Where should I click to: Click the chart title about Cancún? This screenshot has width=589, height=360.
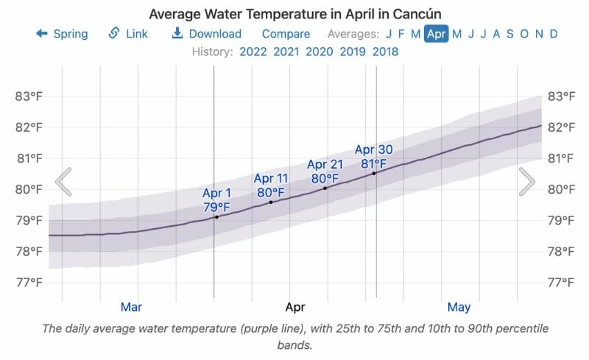point(294,14)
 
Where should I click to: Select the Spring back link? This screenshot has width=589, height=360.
point(62,34)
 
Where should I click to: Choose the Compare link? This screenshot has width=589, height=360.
point(286,34)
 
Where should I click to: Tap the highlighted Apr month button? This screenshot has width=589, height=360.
point(436,34)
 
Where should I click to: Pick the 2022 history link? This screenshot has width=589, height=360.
point(253,52)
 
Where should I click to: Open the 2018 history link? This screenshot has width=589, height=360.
point(385,52)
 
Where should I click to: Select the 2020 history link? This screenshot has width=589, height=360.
point(319,52)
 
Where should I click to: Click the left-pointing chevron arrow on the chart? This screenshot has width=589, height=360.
point(64,182)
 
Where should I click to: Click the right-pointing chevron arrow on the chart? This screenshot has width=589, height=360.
point(526,182)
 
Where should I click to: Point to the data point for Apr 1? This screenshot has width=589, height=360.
point(216,217)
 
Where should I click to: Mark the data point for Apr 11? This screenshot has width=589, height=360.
point(271,202)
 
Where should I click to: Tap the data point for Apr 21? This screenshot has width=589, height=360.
point(325,188)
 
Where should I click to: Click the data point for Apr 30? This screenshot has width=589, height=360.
point(374,173)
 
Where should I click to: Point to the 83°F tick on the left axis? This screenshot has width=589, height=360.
point(29,96)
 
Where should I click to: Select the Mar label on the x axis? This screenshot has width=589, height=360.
point(131,306)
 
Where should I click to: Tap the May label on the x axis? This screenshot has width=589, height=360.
point(459,306)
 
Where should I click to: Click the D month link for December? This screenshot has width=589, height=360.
point(553,34)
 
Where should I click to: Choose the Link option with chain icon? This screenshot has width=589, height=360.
point(128,34)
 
